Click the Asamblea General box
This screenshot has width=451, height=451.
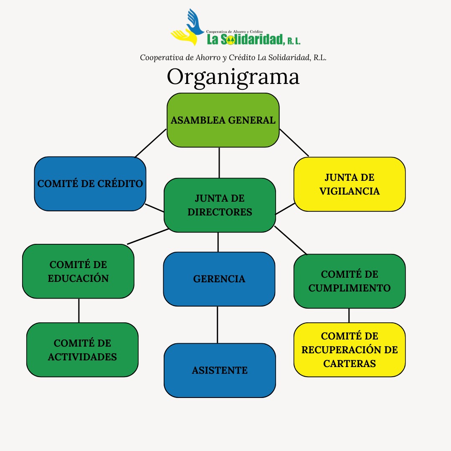point(223,120)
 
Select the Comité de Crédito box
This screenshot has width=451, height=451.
point(90,184)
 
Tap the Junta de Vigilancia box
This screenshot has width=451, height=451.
point(350,184)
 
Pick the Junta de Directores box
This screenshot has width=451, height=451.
point(220,205)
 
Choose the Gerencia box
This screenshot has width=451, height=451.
point(219,279)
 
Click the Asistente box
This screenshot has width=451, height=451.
point(220,370)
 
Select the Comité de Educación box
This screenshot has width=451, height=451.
point(78,271)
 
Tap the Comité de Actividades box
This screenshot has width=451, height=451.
point(82,350)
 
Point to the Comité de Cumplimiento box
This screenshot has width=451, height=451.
point(350,281)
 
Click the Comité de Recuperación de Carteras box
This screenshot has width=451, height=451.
point(350,350)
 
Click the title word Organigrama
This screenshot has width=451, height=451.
point(233,77)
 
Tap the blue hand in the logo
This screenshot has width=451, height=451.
point(195,22)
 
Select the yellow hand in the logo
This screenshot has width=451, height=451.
point(185,37)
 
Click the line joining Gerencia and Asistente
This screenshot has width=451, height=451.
point(218,325)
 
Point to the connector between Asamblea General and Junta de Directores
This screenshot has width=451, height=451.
point(219,163)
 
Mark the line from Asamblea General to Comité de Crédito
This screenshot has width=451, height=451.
point(150,143)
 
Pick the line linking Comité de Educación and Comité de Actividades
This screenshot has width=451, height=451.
point(79,311)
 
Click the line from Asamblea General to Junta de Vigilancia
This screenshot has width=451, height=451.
point(294,143)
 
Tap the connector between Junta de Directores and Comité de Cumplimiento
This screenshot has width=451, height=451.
point(291,241)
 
